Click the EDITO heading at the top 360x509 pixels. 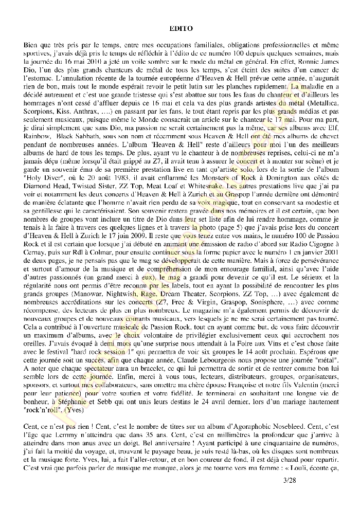coord(180,29)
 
